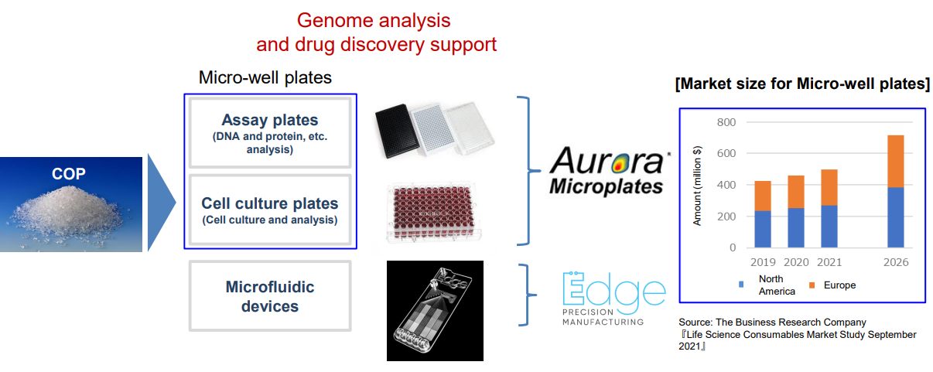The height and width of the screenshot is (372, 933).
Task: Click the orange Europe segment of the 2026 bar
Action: [x=896, y=161]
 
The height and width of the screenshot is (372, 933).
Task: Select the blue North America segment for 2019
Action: [x=763, y=229]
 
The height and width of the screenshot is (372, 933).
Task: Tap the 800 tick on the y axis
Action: [x=726, y=122]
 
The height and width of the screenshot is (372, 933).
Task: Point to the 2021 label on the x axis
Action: [x=829, y=262]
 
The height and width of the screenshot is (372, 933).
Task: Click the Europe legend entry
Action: [x=832, y=285]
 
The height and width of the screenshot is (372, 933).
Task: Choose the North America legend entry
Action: [x=767, y=285]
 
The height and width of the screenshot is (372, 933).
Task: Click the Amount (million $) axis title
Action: [x=697, y=186]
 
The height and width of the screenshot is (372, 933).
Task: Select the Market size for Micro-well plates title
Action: [x=802, y=84]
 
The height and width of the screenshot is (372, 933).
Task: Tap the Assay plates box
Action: [x=270, y=132]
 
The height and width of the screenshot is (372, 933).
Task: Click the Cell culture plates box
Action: [x=270, y=210]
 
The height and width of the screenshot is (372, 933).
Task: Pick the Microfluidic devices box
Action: [x=270, y=295]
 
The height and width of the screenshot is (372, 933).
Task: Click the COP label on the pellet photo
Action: [x=68, y=174]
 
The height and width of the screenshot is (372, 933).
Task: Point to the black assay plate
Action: [x=397, y=131]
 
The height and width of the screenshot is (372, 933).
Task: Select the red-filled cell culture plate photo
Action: [x=433, y=212]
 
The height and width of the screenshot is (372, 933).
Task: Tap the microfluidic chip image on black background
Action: [x=435, y=311]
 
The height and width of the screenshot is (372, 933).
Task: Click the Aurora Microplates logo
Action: [x=609, y=171]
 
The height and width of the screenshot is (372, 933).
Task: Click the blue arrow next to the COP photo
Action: [x=160, y=203]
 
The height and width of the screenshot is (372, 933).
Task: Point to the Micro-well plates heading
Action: [x=265, y=77]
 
